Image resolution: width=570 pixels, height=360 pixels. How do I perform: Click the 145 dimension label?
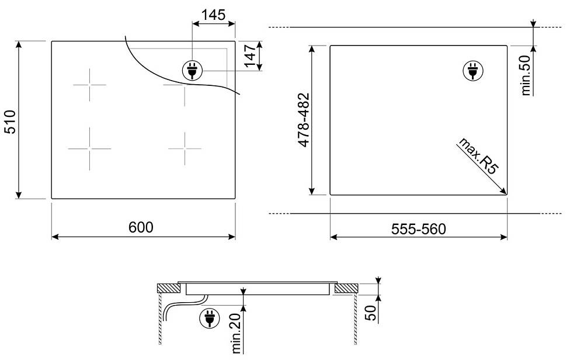[x=213, y=15]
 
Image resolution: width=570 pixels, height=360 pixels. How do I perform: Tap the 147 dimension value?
[x=251, y=56]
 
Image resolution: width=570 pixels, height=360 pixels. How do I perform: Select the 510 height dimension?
[x=10, y=122]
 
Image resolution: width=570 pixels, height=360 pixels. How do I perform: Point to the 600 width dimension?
[x=141, y=227]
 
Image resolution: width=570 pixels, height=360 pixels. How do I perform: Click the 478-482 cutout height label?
[x=304, y=120]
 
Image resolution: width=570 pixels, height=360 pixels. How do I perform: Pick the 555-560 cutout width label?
[x=418, y=229]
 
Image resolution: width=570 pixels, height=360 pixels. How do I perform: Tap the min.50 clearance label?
[x=526, y=75]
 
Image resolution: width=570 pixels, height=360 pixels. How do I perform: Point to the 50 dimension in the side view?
[x=370, y=313]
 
